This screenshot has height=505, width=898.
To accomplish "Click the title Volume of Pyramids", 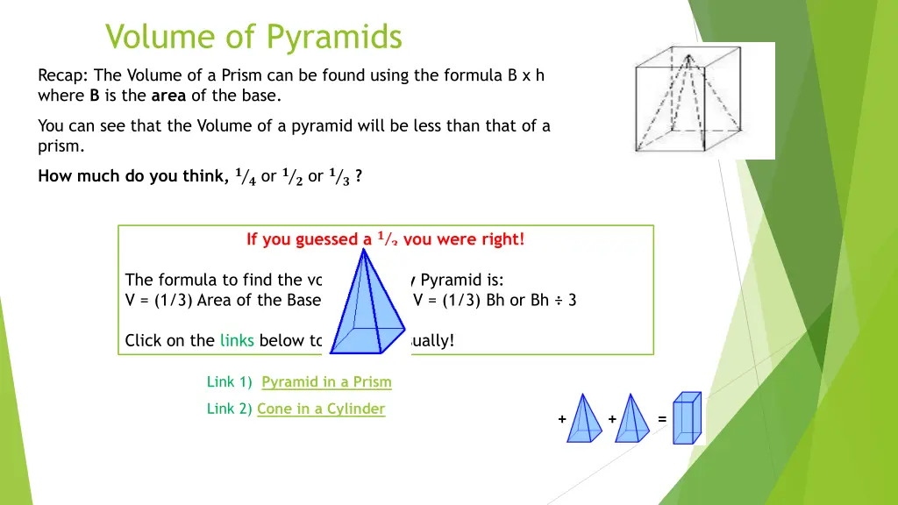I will (253, 38).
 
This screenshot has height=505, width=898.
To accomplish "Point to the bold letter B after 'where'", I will (94, 96).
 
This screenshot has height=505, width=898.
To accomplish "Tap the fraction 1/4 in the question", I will (246, 176).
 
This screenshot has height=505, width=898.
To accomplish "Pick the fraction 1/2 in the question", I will (293, 176).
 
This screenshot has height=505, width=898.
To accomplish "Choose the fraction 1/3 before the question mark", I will (339, 176).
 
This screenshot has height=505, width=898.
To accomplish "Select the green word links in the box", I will (237, 340).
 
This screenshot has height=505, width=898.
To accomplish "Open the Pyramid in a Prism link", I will (326, 381).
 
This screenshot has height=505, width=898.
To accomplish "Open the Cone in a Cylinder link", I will (321, 409).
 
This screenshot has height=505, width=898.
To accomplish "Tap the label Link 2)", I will (230, 409).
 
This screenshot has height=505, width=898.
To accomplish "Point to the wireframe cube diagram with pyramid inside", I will (704, 100).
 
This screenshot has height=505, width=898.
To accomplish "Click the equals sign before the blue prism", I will (662, 419).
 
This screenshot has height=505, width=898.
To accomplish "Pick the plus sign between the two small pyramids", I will (611, 419).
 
